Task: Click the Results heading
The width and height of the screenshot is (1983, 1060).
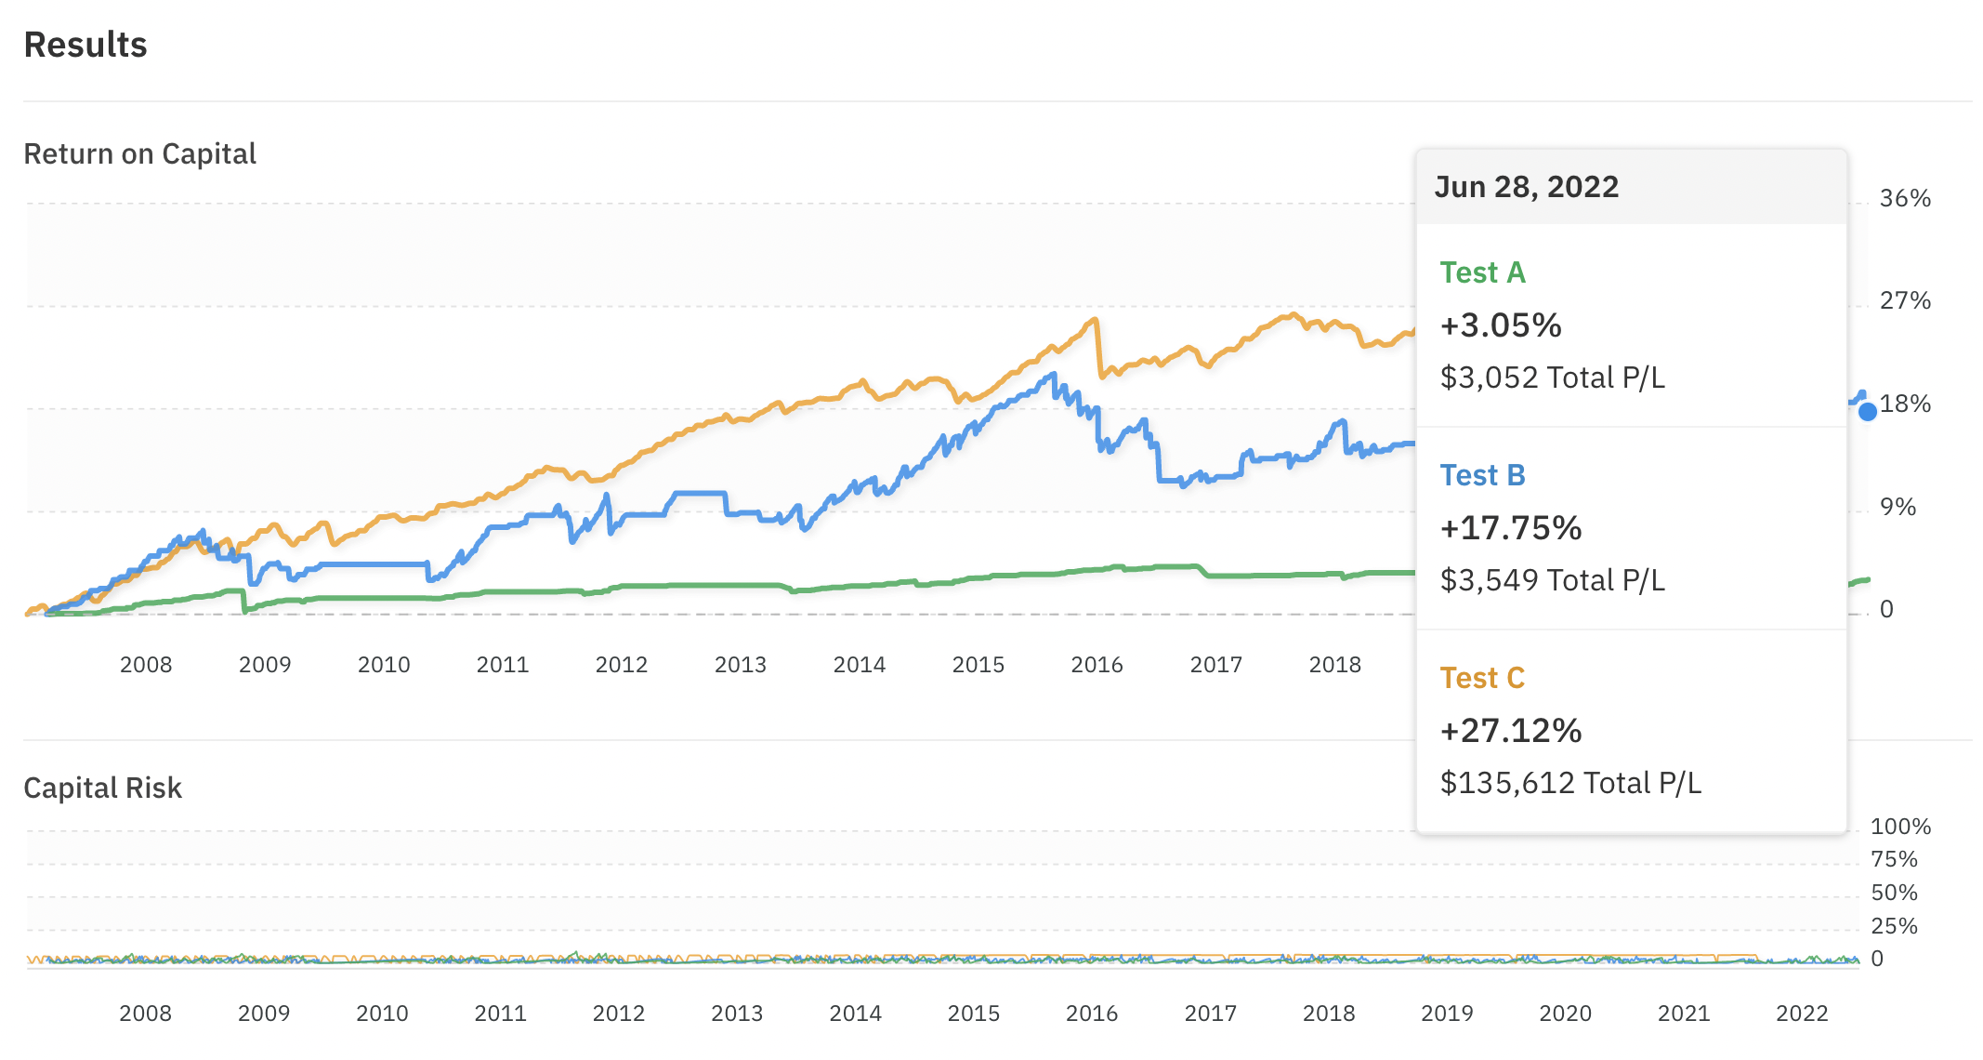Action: coord(85,45)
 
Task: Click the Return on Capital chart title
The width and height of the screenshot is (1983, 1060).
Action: coord(139,153)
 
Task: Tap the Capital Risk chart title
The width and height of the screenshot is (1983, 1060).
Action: coord(102,788)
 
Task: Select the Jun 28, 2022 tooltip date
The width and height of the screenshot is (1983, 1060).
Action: coord(1526,187)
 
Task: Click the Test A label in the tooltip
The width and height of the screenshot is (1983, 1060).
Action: coord(1482,272)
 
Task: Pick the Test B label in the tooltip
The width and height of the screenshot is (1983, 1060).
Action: coord(1482,475)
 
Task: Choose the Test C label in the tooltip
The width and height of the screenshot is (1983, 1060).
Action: coord(1482,678)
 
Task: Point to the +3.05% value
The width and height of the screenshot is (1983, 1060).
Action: coord(1501,325)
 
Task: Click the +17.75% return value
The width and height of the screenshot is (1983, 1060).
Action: coord(1511,528)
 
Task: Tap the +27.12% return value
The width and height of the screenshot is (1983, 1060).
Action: coord(1511,731)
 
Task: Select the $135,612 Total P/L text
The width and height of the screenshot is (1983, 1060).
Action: coord(1570,783)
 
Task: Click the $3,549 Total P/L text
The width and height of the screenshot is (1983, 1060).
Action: coord(1552,580)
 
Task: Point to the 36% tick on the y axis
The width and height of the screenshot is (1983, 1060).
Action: coord(1905,198)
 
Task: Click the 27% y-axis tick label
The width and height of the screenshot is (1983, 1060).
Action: coord(1905,300)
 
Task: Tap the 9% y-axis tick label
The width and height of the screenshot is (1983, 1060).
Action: coord(1898,507)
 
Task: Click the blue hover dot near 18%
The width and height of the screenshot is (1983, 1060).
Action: coord(1868,412)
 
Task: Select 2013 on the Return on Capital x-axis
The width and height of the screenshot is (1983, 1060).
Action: coord(740,665)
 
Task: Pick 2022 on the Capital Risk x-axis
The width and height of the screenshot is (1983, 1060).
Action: coord(1802,1014)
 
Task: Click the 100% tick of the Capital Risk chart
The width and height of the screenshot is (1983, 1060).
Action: coord(1900,827)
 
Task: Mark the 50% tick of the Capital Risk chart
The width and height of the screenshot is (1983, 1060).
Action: coord(1894,893)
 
